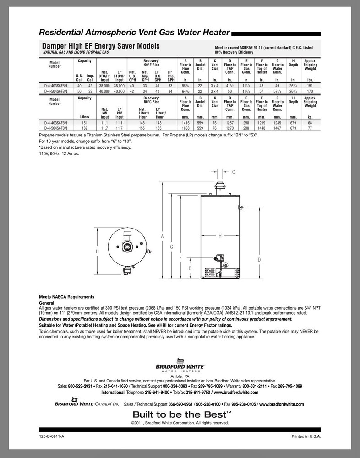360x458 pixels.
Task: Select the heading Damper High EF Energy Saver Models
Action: pyautogui.click(x=101, y=46)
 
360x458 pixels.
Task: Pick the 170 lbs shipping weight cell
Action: pyautogui.click(x=310, y=92)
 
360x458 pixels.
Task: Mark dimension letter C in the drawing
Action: pyautogui.click(x=233, y=172)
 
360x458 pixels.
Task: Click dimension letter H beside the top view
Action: pyautogui.click(x=98, y=251)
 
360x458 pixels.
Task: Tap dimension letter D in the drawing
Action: pyautogui.click(x=259, y=260)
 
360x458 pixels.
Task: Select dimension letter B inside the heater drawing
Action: pyautogui.click(x=220, y=235)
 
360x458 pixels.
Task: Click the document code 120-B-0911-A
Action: pyautogui.click(x=52, y=437)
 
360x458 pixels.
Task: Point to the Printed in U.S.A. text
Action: pyautogui.click(x=307, y=437)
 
